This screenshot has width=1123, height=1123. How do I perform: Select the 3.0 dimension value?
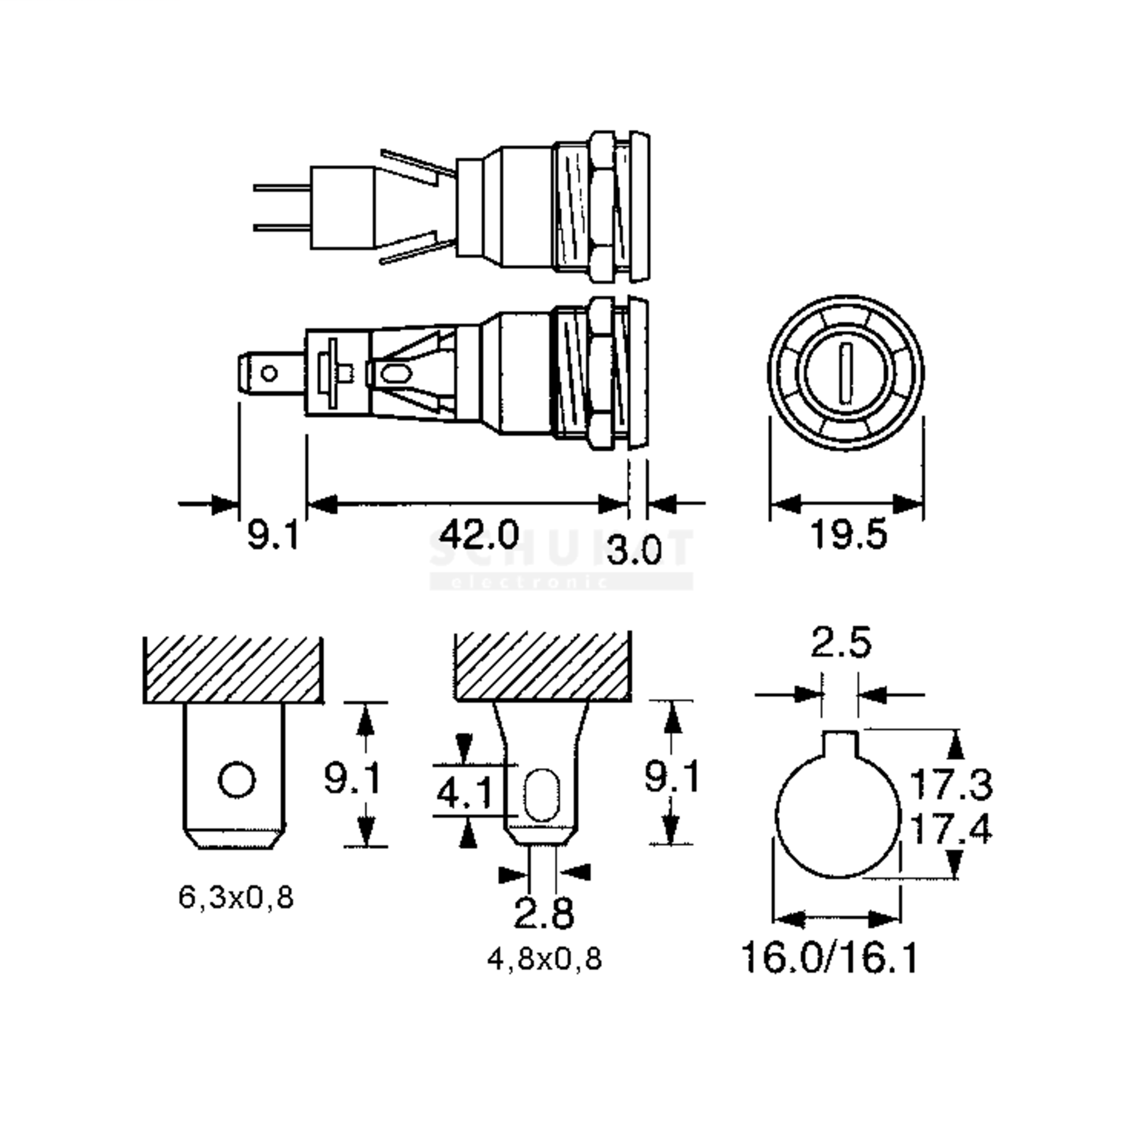634,549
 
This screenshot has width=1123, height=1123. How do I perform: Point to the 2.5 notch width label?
840,643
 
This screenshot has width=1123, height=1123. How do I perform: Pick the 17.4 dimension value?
950,828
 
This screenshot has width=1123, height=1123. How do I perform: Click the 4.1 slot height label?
464,794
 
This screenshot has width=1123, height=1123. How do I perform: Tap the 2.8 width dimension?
543,912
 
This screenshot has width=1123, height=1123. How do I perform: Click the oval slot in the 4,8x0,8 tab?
541,795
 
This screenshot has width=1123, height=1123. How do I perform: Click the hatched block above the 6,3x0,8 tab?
233,670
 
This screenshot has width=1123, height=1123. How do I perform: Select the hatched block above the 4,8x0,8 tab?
542,667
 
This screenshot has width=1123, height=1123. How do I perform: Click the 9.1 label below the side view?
273,535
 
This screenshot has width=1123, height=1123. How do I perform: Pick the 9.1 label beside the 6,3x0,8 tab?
352,779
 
